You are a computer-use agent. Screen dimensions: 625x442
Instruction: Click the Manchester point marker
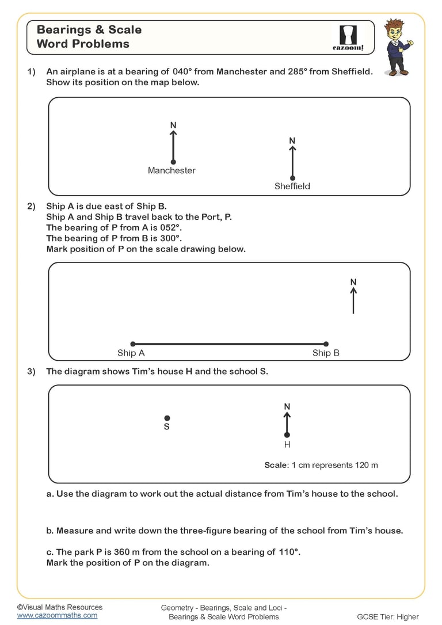173,162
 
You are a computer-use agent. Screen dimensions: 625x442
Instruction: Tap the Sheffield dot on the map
292,178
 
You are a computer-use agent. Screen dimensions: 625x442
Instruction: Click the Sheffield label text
292,186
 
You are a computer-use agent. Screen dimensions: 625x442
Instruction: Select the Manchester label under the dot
172,170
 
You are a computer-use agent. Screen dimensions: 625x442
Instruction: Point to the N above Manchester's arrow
173,125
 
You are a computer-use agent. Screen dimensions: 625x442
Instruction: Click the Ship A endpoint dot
133,344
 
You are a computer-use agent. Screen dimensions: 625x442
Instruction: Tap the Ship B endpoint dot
326,344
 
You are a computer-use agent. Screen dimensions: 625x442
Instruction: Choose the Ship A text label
131,353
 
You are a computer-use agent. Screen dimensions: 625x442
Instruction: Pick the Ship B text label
326,353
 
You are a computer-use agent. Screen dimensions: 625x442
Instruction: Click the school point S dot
167,418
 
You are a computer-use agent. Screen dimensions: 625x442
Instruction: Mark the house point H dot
287,435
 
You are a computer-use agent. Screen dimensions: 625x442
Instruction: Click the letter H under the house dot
287,445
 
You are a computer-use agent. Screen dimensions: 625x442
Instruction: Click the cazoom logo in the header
349,38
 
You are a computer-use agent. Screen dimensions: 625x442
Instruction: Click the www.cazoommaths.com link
57,615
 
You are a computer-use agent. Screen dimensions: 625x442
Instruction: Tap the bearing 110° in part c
288,552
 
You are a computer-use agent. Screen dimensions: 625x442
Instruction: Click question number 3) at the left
32,371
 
